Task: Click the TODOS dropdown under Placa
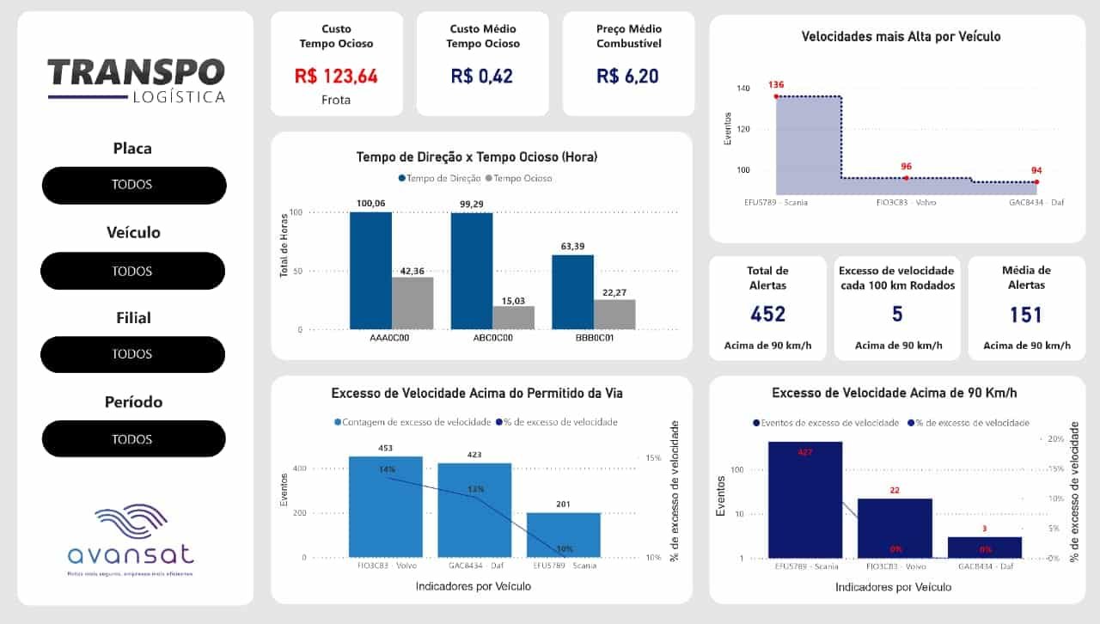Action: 133,185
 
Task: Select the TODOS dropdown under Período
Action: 133,439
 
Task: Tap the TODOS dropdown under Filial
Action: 133,354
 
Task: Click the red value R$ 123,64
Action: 336,76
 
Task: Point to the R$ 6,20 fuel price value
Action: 628,76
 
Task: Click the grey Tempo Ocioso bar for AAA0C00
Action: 412,303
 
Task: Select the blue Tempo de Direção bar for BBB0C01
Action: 572,292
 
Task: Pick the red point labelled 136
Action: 776,97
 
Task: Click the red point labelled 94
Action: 1036,182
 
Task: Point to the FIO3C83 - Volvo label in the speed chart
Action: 906,203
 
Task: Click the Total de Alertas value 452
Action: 767,314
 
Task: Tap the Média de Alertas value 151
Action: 1026,314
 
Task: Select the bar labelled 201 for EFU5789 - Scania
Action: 563,535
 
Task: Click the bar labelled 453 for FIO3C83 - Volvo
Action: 386,507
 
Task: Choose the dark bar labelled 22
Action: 895,528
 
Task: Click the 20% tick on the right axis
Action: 1056,439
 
